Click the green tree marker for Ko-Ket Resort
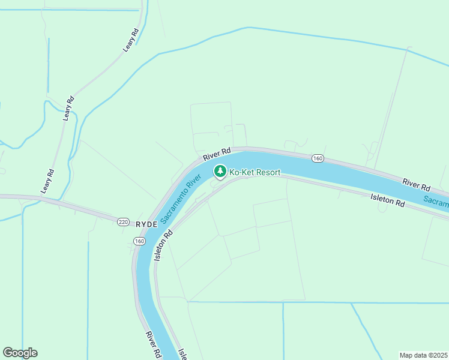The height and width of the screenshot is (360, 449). [x=220, y=172]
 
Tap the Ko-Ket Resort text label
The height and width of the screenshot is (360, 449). [x=255, y=172]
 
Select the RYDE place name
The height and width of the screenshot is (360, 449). [x=146, y=223]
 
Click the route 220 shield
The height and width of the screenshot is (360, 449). [x=123, y=222]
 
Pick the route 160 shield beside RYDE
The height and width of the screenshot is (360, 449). [x=139, y=241]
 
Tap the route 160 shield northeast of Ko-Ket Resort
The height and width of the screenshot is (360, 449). [x=318, y=158]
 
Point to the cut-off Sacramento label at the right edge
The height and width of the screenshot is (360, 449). [x=436, y=202]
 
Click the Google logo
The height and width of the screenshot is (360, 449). [x=20, y=353]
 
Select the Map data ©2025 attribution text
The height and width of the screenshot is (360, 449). [x=424, y=355]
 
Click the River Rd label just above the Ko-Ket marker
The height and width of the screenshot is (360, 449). [x=217, y=154]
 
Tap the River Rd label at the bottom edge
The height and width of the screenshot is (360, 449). [x=153, y=344]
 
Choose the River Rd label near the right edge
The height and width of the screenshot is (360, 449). [x=417, y=184]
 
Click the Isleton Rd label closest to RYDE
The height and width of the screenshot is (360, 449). [x=163, y=245]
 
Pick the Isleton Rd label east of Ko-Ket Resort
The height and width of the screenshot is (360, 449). [x=387, y=200]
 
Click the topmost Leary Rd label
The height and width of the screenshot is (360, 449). [x=131, y=38]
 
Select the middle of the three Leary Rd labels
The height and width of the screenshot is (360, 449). [x=68, y=108]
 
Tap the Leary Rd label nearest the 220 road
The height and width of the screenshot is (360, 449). [x=47, y=181]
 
